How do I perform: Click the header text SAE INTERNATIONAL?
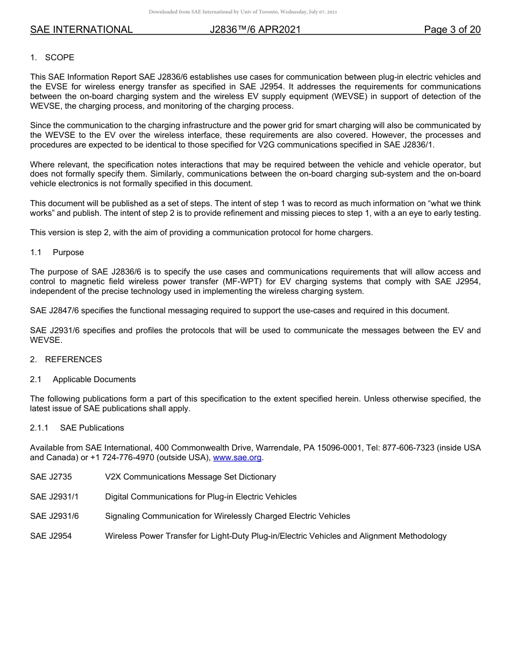[x=81, y=30]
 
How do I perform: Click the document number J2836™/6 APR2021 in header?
[x=255, y=30]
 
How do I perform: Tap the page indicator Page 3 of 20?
[x=452, y=30]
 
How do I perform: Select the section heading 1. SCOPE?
[x=52, y=58]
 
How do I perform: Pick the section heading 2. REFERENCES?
[x=66, y=360]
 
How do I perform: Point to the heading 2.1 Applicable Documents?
[x=83, y=379]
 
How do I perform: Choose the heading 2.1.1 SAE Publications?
[x=77, y=428]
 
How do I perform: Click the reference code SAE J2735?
[x=51, y=477]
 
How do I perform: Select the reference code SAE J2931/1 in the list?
[x=54, y=497]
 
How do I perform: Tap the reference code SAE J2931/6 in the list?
[x=54, y=516]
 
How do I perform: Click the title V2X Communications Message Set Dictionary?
[x=190, y=477]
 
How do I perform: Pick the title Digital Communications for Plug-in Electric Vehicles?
[x=201, y=497]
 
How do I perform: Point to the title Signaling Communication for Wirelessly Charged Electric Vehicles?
[x=228, y=516]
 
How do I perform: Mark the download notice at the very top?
[x=243, y=12]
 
